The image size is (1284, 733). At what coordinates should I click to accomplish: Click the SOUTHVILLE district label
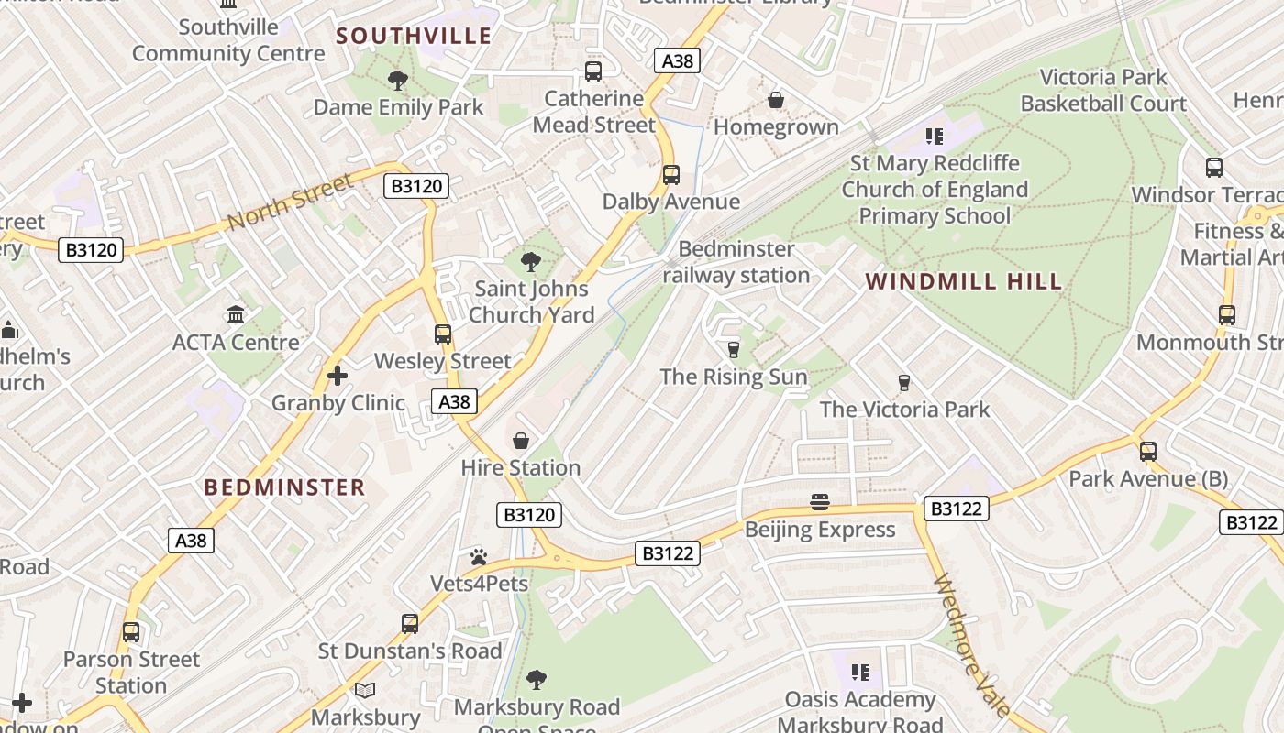(x=414, y=37)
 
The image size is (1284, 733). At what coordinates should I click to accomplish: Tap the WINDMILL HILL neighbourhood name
(x=964, y=281)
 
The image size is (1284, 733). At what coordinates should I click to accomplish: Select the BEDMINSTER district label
(x=284, y=487)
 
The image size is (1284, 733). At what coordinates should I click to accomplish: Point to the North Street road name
(x=290, y=202)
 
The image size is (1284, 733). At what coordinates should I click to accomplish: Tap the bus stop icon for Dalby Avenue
(x=671, y=175)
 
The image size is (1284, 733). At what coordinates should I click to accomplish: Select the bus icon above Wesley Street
(x=443, y=334)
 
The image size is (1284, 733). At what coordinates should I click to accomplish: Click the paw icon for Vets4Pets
(x=479, y=557)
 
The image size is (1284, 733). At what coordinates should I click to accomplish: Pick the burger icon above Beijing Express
(x=820, y=502)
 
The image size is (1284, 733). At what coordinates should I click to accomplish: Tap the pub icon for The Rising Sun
(x=733, y=349)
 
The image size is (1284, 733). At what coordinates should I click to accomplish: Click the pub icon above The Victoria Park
(x=904, y=382)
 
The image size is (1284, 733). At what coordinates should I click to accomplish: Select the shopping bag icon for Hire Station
(x=521, y=441)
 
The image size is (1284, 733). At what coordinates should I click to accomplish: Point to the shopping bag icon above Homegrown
(x=776, y=100)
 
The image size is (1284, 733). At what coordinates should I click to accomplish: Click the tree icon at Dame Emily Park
(x=398, y=81)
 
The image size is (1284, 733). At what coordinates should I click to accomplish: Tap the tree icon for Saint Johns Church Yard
(x=530, y=262)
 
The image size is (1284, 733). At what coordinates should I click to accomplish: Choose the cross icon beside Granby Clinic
(x=338, y=376)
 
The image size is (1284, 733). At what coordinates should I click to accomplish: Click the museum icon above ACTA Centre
(x=236, y=315)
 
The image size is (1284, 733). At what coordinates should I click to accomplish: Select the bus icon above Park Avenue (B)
(x=1148, y=452)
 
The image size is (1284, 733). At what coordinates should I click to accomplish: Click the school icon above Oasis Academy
(x=859, y=673)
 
